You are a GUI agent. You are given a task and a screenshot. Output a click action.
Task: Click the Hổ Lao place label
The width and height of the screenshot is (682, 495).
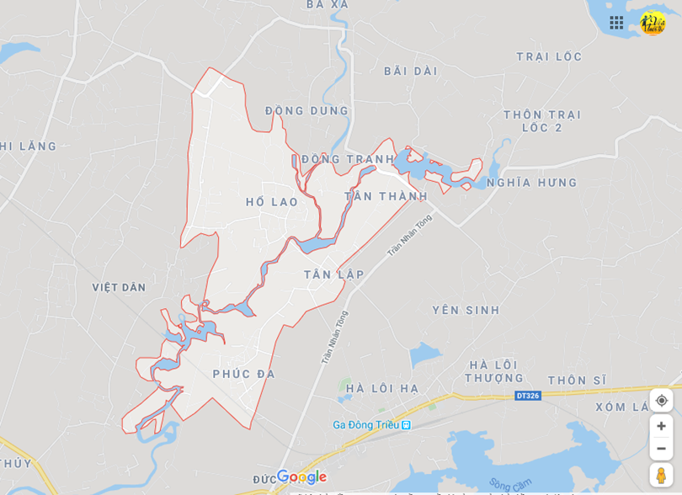tap(272, 202)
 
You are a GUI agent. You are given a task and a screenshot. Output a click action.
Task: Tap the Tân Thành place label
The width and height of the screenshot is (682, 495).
tap(386, 196)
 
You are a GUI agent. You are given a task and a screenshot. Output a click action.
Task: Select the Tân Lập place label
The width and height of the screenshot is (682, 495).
tap(334, 274)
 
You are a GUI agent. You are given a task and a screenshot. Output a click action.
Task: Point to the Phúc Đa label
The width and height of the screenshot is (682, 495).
tap(244, 374)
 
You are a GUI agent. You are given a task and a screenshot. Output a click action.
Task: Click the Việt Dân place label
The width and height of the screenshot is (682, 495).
tap(119, 287)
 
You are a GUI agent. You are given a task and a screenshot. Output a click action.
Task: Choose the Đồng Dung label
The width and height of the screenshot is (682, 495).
tap(306, 110)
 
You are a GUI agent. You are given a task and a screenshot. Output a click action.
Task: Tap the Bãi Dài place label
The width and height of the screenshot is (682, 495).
tap(411, 72)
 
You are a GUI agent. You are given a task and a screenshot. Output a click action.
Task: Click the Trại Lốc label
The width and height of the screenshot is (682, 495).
tap(549, 56)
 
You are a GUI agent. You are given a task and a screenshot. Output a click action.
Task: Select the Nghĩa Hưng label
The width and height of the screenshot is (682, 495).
tap(532, 183)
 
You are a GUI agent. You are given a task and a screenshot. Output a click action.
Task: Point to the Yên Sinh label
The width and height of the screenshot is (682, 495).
tap(466, 310)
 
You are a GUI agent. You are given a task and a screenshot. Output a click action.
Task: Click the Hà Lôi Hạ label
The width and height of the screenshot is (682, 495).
tap(382, 388)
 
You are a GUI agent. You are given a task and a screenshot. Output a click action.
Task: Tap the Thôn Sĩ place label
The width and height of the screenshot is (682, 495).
tap(577, 381)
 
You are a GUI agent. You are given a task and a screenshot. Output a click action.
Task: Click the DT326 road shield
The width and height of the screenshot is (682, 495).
tap(527, 395)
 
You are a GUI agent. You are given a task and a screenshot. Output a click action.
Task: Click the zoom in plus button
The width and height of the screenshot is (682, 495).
tap(661, 426)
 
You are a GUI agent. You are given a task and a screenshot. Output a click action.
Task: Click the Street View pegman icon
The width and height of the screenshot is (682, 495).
tap(661, 475)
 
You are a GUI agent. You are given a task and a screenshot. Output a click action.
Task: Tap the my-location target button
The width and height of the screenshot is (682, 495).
tap(661, 400)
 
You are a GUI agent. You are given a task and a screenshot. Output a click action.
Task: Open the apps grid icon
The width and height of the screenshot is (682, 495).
tap(616, 23)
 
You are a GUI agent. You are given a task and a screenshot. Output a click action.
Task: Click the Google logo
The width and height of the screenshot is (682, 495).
tap(301, 477)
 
